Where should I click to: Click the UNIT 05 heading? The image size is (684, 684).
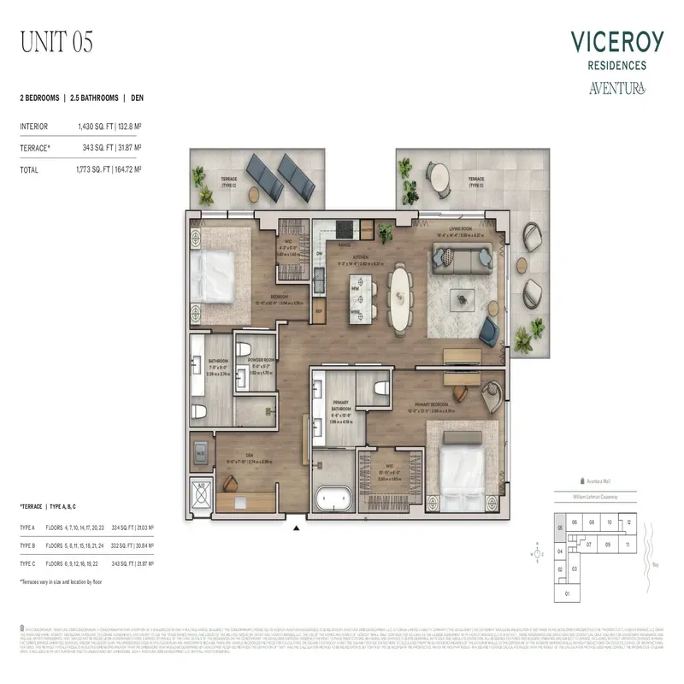[56, 40]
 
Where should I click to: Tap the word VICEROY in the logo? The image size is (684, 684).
[615, 42]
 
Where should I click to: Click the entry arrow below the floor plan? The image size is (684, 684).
[297, 528]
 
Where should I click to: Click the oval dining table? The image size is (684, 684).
[400, 294]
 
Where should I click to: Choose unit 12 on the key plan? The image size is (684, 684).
[628, 522]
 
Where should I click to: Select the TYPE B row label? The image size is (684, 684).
[28, 544]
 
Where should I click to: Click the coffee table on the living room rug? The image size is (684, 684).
[463, 298]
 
